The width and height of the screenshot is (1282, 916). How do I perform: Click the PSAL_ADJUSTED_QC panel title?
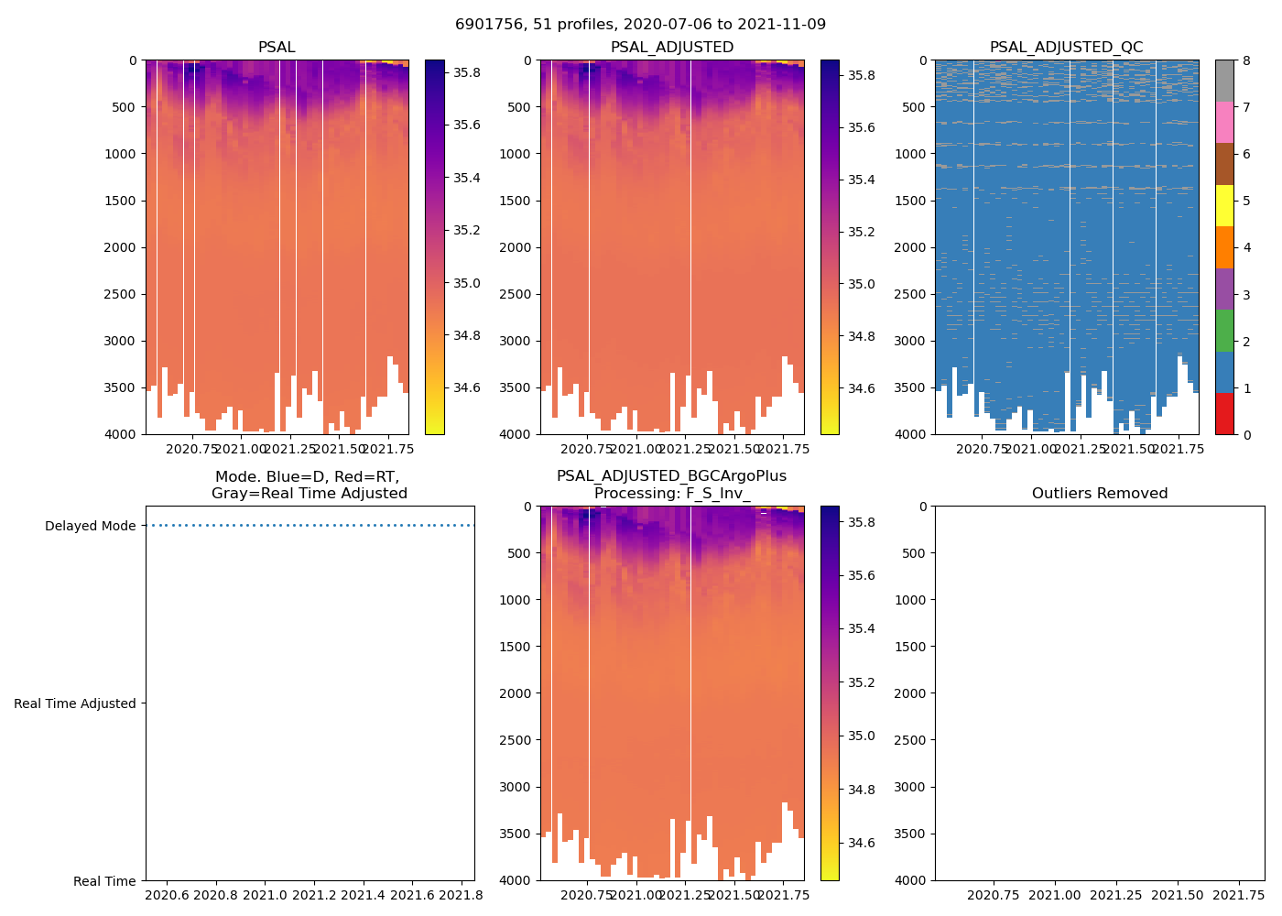tap(1066, 48)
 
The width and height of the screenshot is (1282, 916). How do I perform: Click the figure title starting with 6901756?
tap(640, 25)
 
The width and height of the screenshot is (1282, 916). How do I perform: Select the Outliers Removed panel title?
tap(1099, 494)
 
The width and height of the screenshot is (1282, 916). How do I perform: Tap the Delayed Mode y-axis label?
tap(90, 527)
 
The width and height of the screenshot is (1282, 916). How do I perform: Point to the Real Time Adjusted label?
tap(74, 703)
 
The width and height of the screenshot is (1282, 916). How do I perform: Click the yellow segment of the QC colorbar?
tap(1224, 205)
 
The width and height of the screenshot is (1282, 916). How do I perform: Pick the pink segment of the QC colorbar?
tap(1224, 122)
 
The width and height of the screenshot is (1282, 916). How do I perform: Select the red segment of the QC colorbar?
tap(1224, 413)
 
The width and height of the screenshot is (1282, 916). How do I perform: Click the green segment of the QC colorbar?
tap(1224, 330)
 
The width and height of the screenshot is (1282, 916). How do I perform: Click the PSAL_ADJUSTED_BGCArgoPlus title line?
tap(671, 476)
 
